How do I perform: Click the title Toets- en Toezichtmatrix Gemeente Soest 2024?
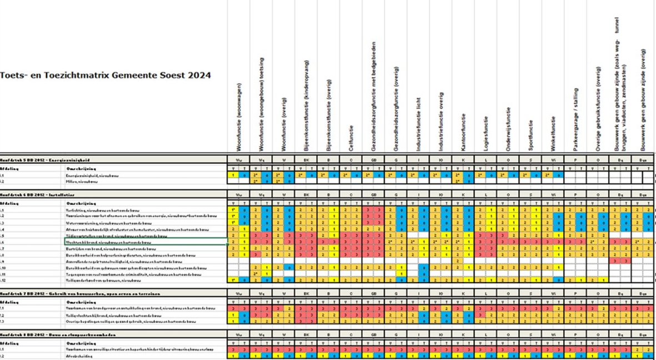[x=106, y=76]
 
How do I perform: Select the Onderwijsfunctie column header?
[x=508, y=128]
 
